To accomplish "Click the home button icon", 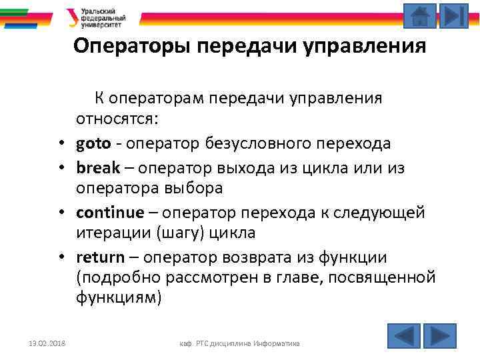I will pyautogui.click(x=420, y=16).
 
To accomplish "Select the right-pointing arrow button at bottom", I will pyautogui.click(x=439, y=335).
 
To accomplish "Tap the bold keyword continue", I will pyautogui.click(x=110, y=213).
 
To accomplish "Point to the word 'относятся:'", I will pyautogui.click(x=116, y=121).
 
